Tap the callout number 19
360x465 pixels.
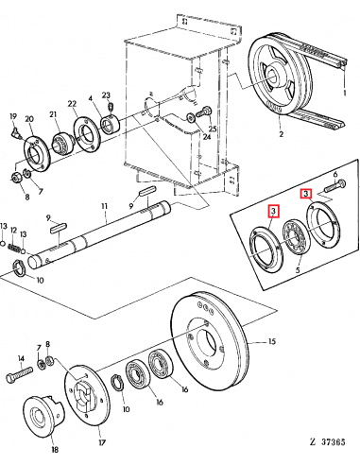[x=13, y=116]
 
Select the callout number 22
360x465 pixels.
[x=72, y=103]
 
